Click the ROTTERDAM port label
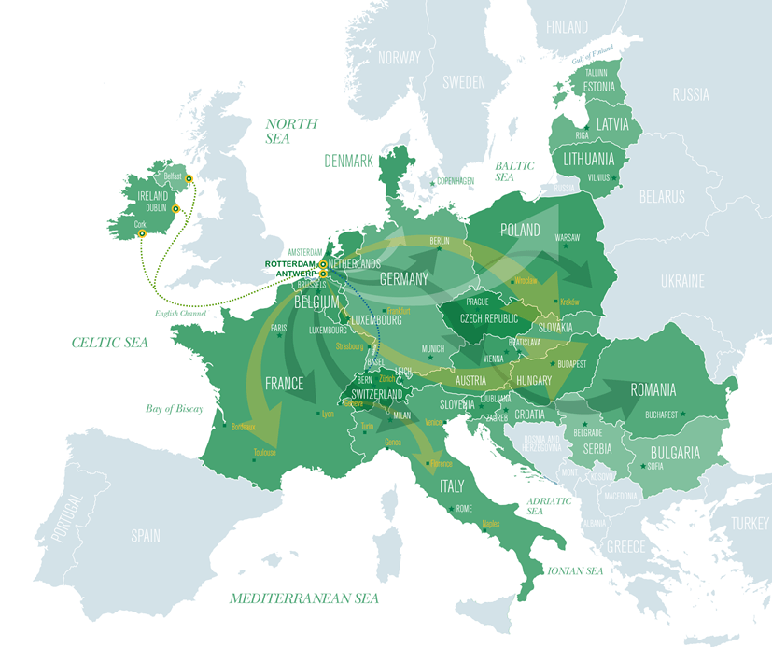[291, 264]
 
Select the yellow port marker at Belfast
[189, 178]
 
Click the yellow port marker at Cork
[142, 234]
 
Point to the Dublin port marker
[175, 208]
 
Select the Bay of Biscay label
[174, 409]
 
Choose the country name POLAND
[520, 230]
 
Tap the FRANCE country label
[284, 384]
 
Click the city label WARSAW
[567, 238]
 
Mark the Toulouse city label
[264, 453]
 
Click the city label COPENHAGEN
[456, 180]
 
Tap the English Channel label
[181, 314]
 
